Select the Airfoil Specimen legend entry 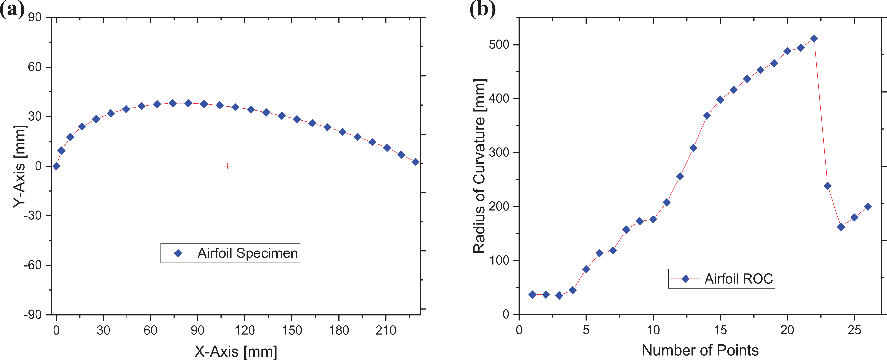click(x=230, y=253)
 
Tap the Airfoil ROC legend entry click(x=721, y=278)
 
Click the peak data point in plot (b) click(x=814, y=38)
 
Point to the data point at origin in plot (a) click(x=56, y=166)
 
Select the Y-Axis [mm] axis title click(x=20, y=166)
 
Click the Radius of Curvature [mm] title click(x=480, y=166)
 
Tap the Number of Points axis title click(x=700, y=350)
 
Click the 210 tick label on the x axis click(x=386, y=330)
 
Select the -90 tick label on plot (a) click(x=33, y=315)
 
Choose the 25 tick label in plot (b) click(x=854, y=330)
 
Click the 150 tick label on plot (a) click(x=292, y=330)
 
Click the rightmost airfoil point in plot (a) click(x=416, y=162)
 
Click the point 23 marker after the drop click(x=827, y=186)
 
